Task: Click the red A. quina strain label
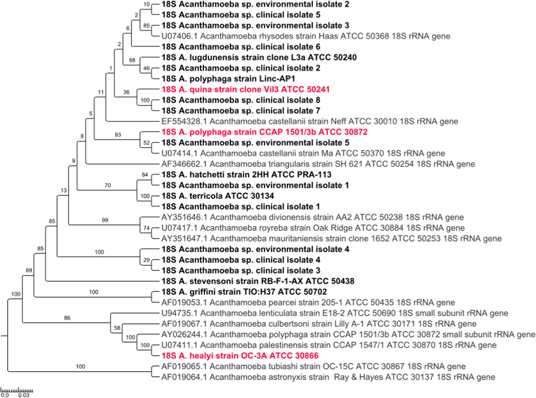pos(245,89)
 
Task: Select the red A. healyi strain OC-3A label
pos(240,356)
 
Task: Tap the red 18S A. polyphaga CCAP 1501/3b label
pos(264,132)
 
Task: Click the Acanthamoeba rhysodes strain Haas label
pos(306,36)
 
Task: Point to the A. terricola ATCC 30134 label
pos(217,196)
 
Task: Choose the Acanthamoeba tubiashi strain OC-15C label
pos(314,367)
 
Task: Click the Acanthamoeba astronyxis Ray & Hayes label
pos(328,377)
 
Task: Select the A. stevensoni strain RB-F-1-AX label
pos(258,281)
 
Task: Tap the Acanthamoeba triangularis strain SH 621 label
pos(318,164)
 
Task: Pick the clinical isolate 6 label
pos(241,47)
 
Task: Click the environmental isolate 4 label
pos(255,249)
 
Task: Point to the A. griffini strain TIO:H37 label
pos(244,292)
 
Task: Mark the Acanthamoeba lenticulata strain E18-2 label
pos(335,313)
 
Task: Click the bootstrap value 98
pos(132,60)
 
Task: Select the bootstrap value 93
pos(118,135)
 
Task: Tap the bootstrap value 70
pos(108,185)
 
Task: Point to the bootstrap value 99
pos(105,220)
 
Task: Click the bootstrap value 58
pos(117,328)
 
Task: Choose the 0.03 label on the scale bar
pos(24,395)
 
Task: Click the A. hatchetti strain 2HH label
pos(246,175)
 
